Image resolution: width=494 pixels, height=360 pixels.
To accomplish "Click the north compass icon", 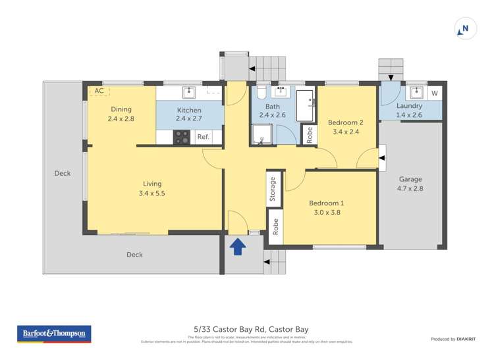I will (x=465, y=28).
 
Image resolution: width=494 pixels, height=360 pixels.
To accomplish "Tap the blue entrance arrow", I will (x=238, y=246).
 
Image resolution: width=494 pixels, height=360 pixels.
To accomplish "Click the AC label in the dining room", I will (x=99, y=91).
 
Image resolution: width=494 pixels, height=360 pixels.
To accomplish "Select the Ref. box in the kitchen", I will (x=204, y=137).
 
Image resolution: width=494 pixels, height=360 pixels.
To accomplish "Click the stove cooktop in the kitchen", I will (x=180, y=137).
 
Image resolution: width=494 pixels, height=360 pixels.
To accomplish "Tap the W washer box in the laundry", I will (x=434, y=93).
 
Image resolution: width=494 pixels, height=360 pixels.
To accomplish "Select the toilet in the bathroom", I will (x=261, y=91).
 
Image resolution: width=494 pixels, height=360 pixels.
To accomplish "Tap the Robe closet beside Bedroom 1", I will (x=275, y=222).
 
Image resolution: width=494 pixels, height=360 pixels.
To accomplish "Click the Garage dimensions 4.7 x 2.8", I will (x=410, y=188).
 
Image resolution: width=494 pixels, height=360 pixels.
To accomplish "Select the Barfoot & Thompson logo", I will (x=53, y=334).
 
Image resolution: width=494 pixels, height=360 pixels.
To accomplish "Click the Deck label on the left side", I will (x=62, y=174).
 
